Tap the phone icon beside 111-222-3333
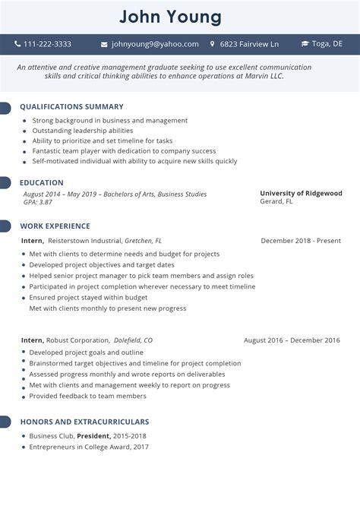click(x=17, y=44)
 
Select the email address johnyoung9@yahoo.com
click(x=155, y=44)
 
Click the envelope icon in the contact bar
click(x=104, y=44)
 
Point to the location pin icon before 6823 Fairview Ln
click(x=212, y=44)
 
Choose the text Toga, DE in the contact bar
click(x=327, y=44)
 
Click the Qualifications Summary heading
click(x=71, y=107)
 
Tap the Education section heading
click(x=42, y=183)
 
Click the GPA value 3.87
click(x=46, y=202)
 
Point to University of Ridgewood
click(x=301, y=193)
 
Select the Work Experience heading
click(x=55, y=226)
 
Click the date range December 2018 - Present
click(x=301, y=241)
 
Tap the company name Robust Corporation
click(x=79, y=340)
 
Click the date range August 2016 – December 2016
click(x=292, y=340)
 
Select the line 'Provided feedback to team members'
click(x=88, y=396)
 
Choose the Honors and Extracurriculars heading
click(x=84, y=422)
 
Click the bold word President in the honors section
click(x=93, y=436)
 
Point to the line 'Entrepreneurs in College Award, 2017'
click(x=89, y=447)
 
